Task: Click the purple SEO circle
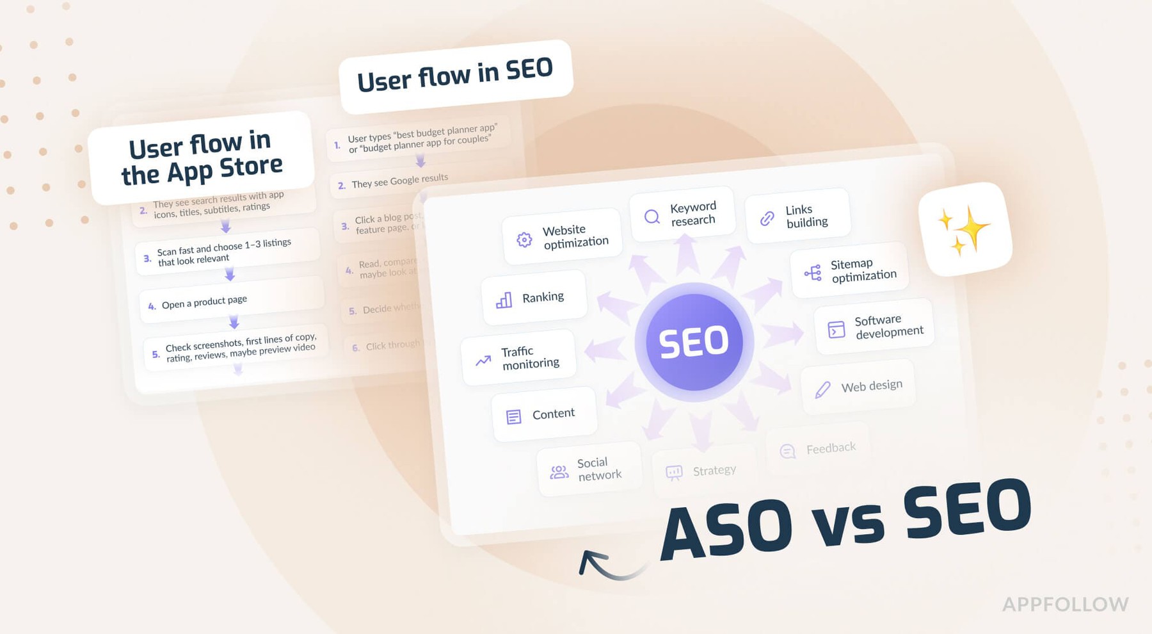tap(694, 341)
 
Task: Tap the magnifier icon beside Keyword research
tap(652, 216)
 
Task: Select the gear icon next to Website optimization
tap(524, 240)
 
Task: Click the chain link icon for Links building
tap(767, 218)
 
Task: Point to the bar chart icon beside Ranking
tap(504, 300)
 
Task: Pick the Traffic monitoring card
tap(518, 358)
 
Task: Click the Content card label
tap(554, 414)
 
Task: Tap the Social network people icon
tap(559, 473)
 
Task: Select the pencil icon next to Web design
tap(822, 389)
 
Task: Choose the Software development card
tap(874, 327)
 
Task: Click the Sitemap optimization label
tap(863, 270)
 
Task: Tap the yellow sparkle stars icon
tap(964, 229)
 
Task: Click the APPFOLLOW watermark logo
tap(1065, 604)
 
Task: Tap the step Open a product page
tap(204, 302)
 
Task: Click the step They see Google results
tap(399, 181)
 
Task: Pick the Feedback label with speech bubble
tap(830, 448)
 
